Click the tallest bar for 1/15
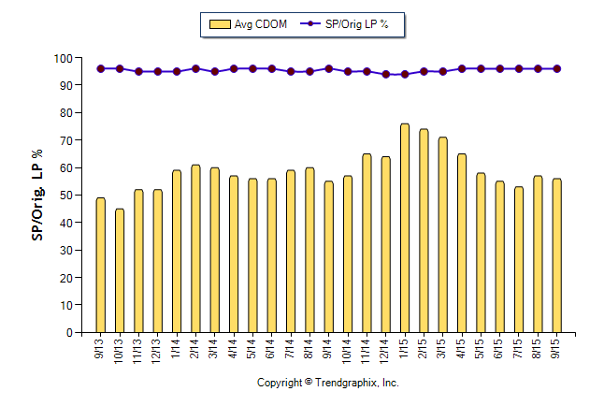click(x=405, y=228)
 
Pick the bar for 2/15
click(x=424, y=231)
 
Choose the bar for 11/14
click(x=367, y=243)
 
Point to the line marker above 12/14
click(x=386, y=74)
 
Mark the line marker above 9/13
click(x=101, y=68)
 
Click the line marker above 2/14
click(x=195, y=68)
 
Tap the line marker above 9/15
click(x=557, y=68)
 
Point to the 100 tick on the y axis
click(x=64, y=58)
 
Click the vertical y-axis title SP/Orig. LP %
click(x=38, y=195)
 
